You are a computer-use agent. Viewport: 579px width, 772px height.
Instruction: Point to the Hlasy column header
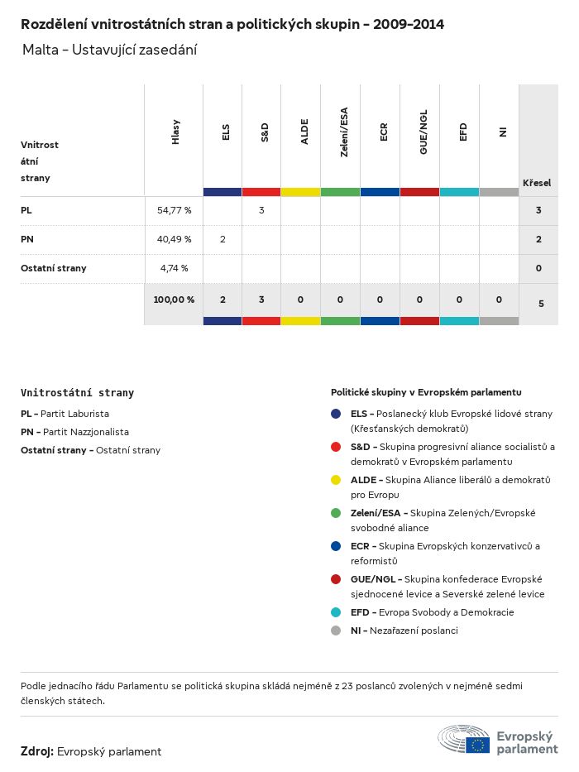pyautogui.click(x=175, y=132)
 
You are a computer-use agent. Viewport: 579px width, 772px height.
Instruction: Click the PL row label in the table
pyautogui.click(x=26, y=210)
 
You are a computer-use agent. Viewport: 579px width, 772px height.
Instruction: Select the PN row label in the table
pyautogui.click(x=26, y=239)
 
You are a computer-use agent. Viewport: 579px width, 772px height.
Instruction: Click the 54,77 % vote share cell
pyautogui.click(x=174, y=210)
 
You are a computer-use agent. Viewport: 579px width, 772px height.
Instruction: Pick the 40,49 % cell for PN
pyautogui.click(x=174, y=239)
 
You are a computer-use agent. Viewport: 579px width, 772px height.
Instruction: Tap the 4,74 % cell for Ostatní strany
pyautogui.click(x=174, y=268)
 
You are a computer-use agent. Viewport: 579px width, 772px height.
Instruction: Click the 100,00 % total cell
pyautogui.click(x=174, y=300)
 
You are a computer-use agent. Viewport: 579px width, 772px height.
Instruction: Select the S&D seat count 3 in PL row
pyautogui.click(x=261, y=210)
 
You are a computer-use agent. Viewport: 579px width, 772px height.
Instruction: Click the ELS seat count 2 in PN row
pyautogui.click(x=223, y=239)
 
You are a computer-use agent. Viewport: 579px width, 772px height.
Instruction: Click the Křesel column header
pyautogui.click(x=537, y=182)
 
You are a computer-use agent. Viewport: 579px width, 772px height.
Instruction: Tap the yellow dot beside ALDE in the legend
pyautogui.click(x=336, y=480)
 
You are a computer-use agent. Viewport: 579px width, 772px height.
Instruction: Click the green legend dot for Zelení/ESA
pyautogui.click(x=336, y=513)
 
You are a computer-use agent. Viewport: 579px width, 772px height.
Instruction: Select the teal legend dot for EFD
pyautogui.click(x=336, y=612)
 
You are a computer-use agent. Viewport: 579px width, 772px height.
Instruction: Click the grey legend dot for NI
pyautogui.click(x=336, y=631)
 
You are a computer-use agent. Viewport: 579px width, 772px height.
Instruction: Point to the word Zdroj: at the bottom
pyautogui.click(x=37, y=751)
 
